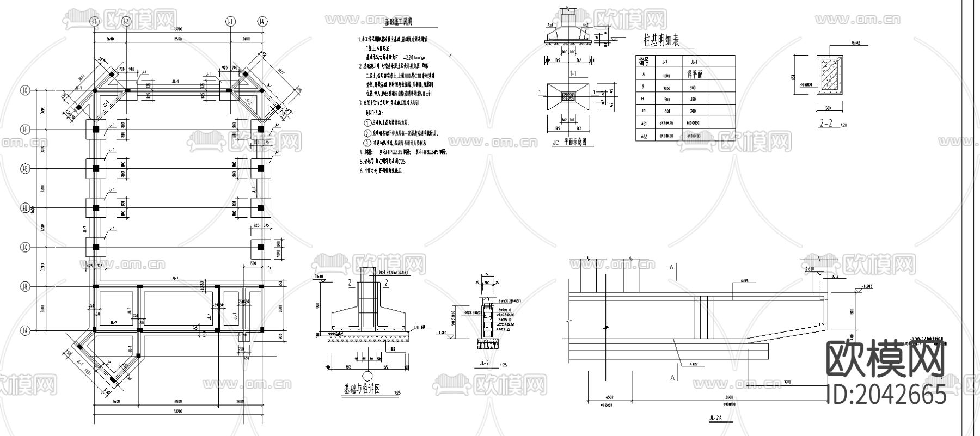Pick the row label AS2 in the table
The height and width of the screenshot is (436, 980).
point(644,136)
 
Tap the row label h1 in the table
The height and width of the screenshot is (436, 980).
point(644,112)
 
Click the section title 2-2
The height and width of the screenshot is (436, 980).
point(827,124)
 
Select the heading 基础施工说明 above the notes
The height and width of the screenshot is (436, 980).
point(399,22)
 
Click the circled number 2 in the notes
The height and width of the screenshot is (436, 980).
point(367,133)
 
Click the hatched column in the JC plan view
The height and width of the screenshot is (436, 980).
point(567,96)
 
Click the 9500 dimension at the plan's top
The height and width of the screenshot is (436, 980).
point(177,39)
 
